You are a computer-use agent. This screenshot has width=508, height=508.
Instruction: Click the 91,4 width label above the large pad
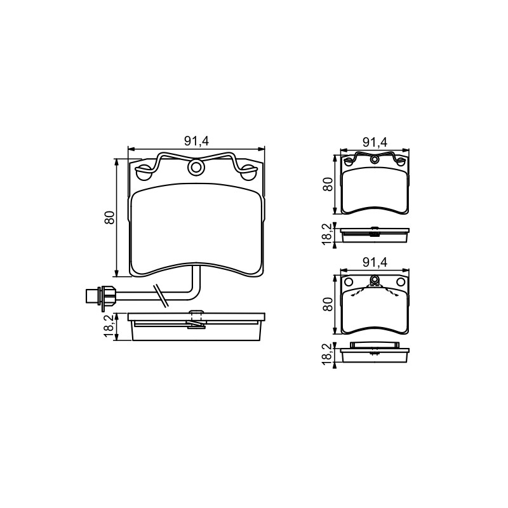(197, 141)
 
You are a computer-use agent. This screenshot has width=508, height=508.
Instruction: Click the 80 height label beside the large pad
(110, 217)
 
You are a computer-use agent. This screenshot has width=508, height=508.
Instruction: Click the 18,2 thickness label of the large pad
(110, 326)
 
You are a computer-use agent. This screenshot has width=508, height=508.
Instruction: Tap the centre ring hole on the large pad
(196, 167)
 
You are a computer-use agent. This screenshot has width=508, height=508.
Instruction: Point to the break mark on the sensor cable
(161, 295)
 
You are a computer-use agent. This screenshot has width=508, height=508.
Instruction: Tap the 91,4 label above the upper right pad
(375, 142)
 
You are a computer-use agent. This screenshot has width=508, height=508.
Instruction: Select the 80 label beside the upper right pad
(328, 184)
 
